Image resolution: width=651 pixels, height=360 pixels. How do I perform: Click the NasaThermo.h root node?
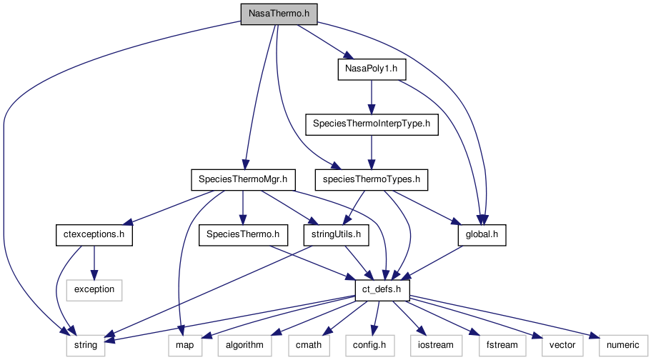[278, 14]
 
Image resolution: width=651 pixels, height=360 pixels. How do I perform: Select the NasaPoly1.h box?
[371, 69]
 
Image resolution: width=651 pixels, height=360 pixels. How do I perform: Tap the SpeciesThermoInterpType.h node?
[371, 124]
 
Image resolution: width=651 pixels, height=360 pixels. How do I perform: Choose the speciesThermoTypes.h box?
[371, 179]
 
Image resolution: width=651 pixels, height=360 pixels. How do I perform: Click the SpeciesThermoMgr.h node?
[243, 179]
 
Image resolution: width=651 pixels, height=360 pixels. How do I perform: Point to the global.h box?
[482, 234]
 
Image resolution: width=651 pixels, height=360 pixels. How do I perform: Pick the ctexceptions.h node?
[94, 234]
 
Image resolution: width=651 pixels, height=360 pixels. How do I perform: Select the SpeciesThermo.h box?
[243, 234]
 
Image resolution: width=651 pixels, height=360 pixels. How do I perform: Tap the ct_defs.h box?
[382, 289]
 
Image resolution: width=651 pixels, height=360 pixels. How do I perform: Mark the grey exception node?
[94, 289]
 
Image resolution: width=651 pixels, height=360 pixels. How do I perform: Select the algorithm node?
[244, 345]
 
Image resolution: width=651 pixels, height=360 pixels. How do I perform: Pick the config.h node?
[368, 345]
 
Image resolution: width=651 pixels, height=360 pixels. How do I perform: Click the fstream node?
[501, 345]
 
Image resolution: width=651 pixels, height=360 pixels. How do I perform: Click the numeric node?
[619, 345]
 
